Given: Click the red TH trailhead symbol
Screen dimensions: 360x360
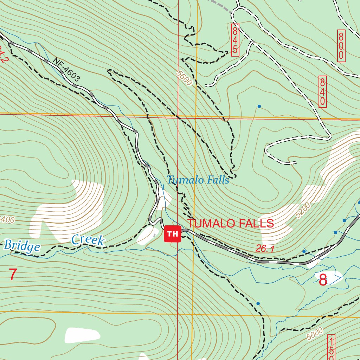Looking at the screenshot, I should point(172,234).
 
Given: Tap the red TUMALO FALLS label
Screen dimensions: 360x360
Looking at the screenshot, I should point(230,223).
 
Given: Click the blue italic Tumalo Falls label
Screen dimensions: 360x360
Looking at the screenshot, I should point(198,180).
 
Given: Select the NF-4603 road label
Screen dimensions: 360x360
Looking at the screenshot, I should point(66,70).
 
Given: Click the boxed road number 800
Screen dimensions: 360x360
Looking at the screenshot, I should point(341,46).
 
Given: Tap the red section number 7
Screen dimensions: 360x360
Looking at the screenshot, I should point(13,275).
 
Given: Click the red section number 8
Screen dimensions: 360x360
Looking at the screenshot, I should point(323,280).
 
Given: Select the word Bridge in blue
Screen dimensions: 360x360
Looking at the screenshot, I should point(22,245).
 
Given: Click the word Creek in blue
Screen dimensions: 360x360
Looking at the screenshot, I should point(88,240).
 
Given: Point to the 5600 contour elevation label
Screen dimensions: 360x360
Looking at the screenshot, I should point(185,78).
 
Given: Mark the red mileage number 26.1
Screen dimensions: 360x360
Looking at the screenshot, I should point(265,249).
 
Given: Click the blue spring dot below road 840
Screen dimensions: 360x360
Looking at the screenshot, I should point(259,106).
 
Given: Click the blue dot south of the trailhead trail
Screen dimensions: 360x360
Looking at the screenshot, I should point(258,303).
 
